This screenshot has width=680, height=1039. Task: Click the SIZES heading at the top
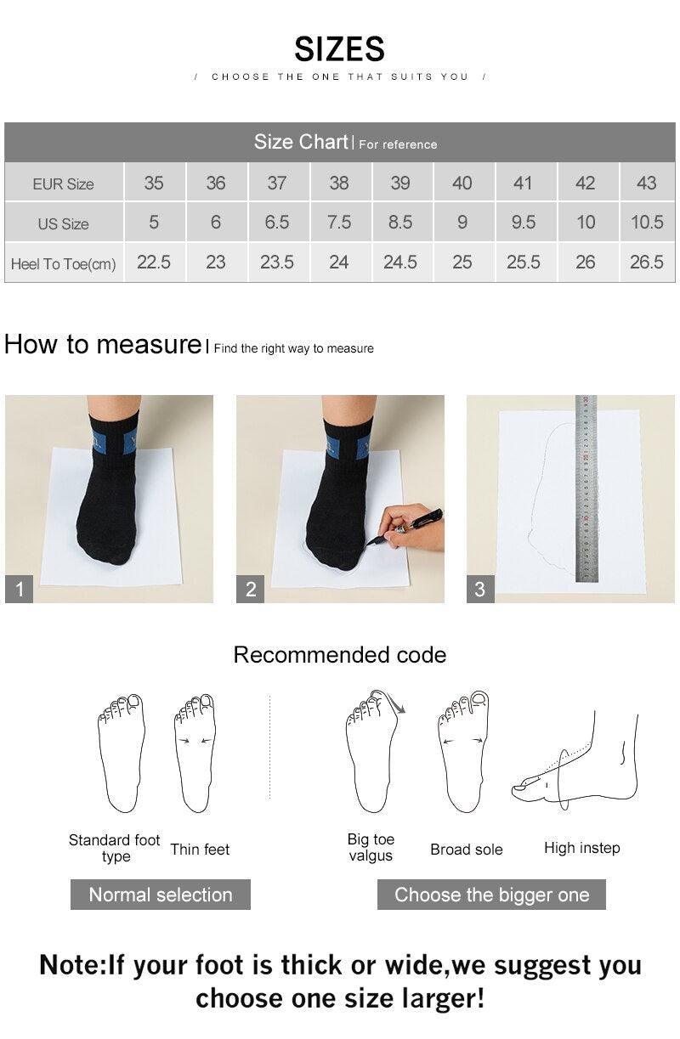pyautogui.click(x=339, y=48)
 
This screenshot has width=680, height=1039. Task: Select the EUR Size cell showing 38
pyautogui.click(x=338, y=183)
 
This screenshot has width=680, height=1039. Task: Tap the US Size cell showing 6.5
pyautogui.click(x=277, y=223)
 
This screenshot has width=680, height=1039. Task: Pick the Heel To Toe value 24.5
pyautogui.click(x=399, y=263)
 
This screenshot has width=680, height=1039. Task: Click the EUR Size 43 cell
pyautogui.click(x=646, y=183)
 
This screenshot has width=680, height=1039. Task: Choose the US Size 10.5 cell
pyautogui.click(x=646, y=223)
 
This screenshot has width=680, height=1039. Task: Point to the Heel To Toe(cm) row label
pyautogui.click(x=63, y=264)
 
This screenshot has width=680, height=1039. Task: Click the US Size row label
pyautogui.click(x=63, y=224)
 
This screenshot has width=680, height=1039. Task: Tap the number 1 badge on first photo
pyautogui.click(x=19, y=589)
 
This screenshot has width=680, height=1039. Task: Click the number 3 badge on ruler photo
pyautogui.click(x=480, y=589)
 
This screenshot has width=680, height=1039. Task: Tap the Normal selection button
pyautogui.click(x=160, y=895)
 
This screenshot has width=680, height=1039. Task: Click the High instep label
pyautogui.click(x=581, y=848)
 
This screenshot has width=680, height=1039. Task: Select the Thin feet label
pyautogui.click(x=200, y=850)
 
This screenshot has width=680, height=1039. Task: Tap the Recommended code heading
pyautogui.click(x=339, y=655)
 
